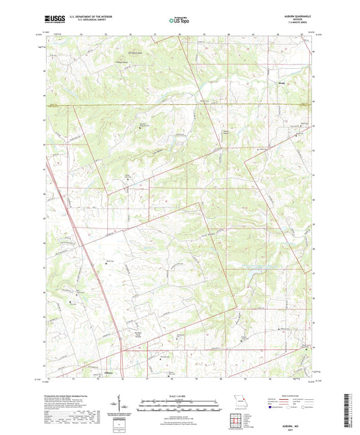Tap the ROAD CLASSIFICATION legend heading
[x=297, y=395]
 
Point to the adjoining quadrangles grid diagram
[x=236, y=421]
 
